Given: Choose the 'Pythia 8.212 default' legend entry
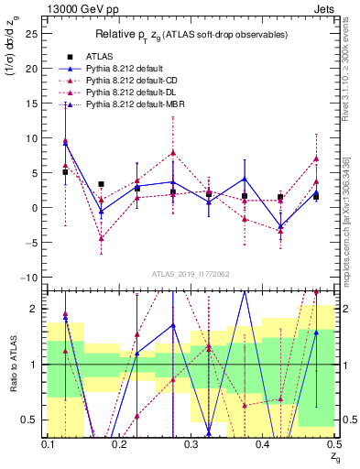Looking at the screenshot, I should click(128, 68).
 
